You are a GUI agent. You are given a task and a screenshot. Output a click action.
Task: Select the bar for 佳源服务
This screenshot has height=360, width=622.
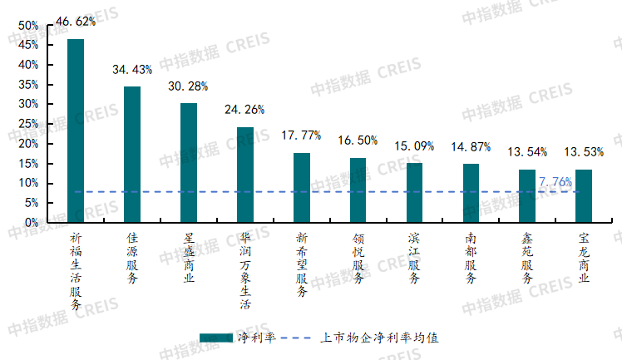(132, 155)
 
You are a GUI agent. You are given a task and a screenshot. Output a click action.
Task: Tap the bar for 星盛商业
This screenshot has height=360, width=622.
(189, 163)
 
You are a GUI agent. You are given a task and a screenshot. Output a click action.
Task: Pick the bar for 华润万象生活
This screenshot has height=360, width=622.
(245, 175)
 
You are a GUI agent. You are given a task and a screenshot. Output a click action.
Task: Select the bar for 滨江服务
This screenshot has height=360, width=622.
(414, 193)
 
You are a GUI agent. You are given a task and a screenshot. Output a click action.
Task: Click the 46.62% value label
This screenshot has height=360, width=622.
(76, 21)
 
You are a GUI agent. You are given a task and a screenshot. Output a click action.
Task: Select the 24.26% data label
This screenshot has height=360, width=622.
(245, 109)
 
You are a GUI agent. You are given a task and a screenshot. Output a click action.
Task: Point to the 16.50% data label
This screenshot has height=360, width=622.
(358, 141)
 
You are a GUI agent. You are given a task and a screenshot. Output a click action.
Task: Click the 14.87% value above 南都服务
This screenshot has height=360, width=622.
(471, 147)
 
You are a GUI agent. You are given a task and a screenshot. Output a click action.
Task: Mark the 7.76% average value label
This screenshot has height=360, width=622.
(555, 181)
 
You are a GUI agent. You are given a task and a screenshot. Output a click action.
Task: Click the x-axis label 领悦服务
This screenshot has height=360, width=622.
(358, 259)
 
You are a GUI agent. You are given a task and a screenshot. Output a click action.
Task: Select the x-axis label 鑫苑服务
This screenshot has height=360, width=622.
(527, 259)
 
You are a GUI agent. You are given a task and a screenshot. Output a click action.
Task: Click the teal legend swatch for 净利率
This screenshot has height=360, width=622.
(217, 338)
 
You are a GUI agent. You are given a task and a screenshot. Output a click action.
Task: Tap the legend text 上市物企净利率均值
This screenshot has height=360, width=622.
(378, 338)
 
